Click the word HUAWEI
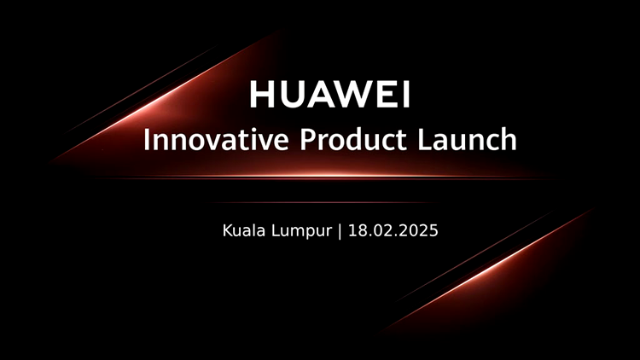(x=329, y=95)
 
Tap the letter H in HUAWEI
(x=262, y=95)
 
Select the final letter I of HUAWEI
(x=405, y=95)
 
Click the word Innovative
(x=216, y=139)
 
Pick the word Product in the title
(x=353, y=139)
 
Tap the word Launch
(x=468, y=139)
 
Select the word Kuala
(x=244, y=230)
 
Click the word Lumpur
(x=301, y=232)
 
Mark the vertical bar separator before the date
(x=340, y=231)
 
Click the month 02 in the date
(x=385, y=230)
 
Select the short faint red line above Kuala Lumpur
(x=323, y=202)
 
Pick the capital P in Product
(x=309, y=139)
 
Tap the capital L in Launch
(x=425, y=139)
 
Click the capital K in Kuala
(x=227, y=230)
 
